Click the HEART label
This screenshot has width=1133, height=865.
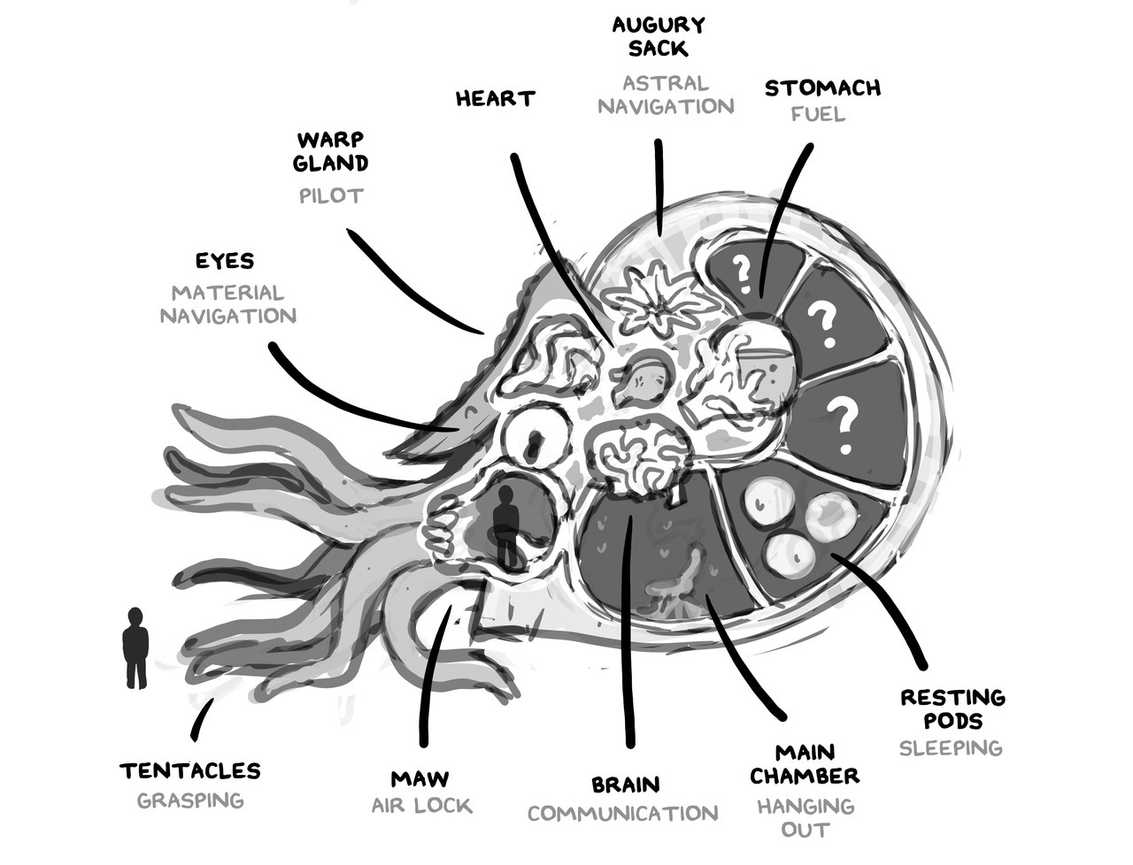point(495,98)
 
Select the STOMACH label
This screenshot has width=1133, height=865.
point(822,88)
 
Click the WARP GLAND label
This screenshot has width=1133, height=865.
point(332,151)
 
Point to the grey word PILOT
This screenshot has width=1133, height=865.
point(331,195)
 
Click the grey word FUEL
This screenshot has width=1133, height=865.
point(818,114)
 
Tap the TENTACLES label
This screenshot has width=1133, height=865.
point(190,771)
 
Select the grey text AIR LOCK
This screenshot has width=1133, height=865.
point(421,806)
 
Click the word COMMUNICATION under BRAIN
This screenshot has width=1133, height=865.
point(623,814)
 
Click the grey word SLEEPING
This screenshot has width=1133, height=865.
point(951,748)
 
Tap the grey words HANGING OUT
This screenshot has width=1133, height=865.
point(805,818)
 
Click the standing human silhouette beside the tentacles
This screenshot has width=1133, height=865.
point(135,647)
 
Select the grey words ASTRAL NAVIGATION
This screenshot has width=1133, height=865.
point(666,95)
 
